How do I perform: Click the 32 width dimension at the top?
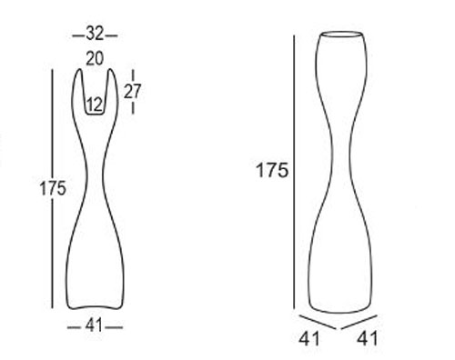coord(95,35)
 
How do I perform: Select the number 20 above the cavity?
coord(95,57)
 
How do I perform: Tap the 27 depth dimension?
coord(134,91)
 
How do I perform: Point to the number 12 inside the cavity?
coord(95,105)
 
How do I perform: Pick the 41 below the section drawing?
coord(95,325)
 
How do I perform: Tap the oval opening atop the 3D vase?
coord(346,37)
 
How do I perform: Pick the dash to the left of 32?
coord(78,35)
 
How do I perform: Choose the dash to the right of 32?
coord(112,35)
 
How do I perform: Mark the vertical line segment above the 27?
coord(134,75)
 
